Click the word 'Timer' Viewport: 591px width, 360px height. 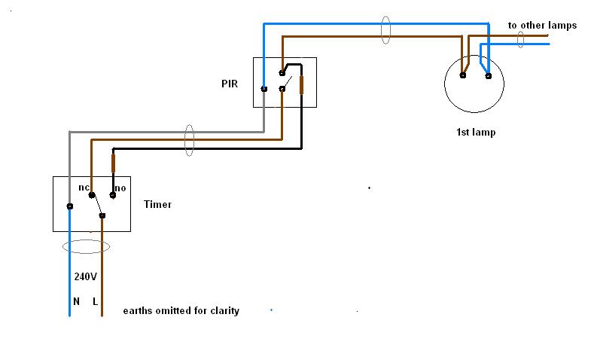(x=157, y=204)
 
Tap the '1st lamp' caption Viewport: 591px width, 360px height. (x=476, y=133)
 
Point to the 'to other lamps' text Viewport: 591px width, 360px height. (x=542, y=26)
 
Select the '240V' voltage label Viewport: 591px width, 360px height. (x=85, y=276)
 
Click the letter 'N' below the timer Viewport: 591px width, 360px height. (x=76, y=301)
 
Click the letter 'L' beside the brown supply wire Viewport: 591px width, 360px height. (x=96, y=301)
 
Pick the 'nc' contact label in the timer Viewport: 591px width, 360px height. (x=84, y=186)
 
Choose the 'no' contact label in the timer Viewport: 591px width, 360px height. (x=119, y=186)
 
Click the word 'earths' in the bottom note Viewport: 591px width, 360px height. (x=139, y=310)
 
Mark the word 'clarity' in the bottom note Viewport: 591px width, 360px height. (x=223, y=310)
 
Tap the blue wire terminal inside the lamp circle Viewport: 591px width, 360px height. (x=488, y=75)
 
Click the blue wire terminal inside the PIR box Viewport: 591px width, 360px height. (x=264, y=89)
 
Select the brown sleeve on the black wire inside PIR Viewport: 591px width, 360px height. (x=301, y=84)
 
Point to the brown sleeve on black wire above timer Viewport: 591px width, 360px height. (x=114, y=163)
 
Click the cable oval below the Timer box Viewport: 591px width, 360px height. (x=85, y=246)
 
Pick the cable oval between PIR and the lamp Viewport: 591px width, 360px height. (x=386, y=30)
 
